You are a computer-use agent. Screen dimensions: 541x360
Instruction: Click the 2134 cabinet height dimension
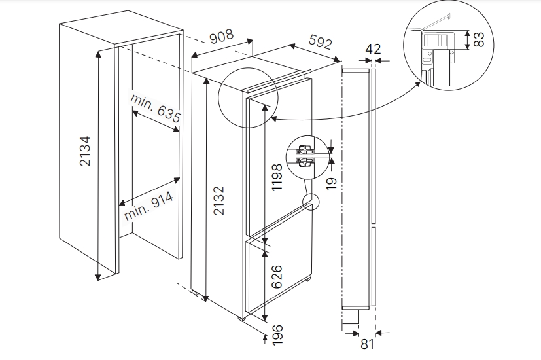[85, 151]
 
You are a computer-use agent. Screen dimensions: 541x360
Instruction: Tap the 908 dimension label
[222, 36]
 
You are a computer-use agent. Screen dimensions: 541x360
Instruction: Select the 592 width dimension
[321, 42]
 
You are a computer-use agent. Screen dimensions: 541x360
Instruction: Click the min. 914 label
[149, 206]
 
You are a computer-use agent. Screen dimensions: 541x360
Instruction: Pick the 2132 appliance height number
[219, 200]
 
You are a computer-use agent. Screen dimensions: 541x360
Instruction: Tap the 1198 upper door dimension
[277, 177]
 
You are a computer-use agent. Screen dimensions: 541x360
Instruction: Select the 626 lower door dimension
[277, 277]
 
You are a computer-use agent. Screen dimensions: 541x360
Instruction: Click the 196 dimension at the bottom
[277, 334]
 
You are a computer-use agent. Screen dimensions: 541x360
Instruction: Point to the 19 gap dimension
[331, 184]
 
